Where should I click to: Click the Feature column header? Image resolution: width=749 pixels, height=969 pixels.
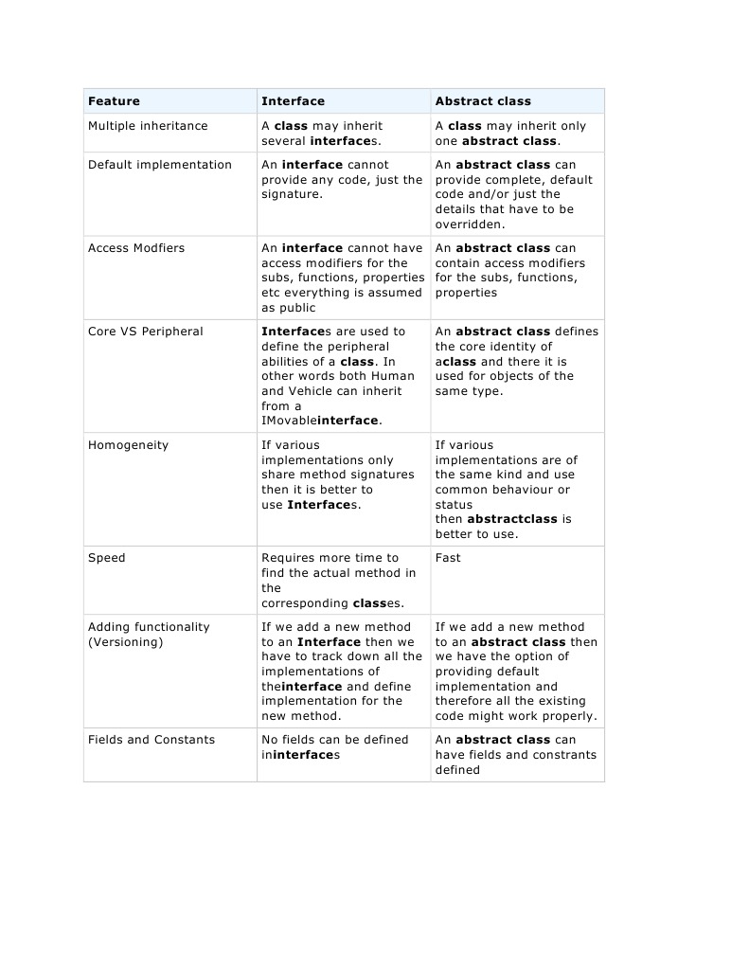click(114, 101)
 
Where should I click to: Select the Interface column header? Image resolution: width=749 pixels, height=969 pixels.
click(293, 101)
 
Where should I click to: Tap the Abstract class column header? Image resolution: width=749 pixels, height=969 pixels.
click(483, 101)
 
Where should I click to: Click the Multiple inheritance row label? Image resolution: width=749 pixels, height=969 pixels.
click(148, 126)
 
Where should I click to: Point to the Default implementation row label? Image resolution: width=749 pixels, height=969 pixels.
click(159, 165)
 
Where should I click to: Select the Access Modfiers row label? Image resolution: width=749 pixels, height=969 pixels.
click(136, 248)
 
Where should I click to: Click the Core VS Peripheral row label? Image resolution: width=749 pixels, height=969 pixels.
click(145, 332)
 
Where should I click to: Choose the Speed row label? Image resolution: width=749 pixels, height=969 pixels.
click(106, 558)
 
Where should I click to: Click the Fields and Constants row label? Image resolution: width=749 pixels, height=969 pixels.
click(152, 740)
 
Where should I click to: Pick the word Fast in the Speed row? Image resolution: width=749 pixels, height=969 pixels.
click(448, 558)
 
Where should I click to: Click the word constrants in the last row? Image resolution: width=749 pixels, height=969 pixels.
click(565, 755)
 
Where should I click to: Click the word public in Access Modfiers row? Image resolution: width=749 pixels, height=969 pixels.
click(297, 308)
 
